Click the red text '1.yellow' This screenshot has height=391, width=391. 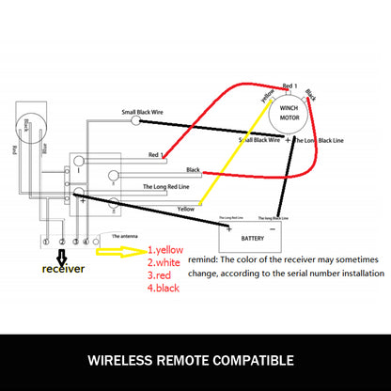click(x=166, y=250)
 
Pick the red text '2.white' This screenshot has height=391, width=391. click(x=164, y=263)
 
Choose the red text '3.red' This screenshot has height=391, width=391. click(x=161, y=276)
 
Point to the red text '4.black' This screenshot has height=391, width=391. click(x=164, y=289)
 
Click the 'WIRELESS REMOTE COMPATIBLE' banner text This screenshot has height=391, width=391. click(x=195, y=360)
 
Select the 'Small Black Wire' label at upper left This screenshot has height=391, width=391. click(x=145, y=112)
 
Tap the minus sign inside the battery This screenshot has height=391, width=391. click(x=273, y=228)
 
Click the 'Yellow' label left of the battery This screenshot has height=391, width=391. click(x=186, y=208)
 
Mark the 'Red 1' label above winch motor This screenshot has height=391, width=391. click(x=290, y=86)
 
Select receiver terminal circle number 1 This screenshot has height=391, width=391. click(x=46, y=242)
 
